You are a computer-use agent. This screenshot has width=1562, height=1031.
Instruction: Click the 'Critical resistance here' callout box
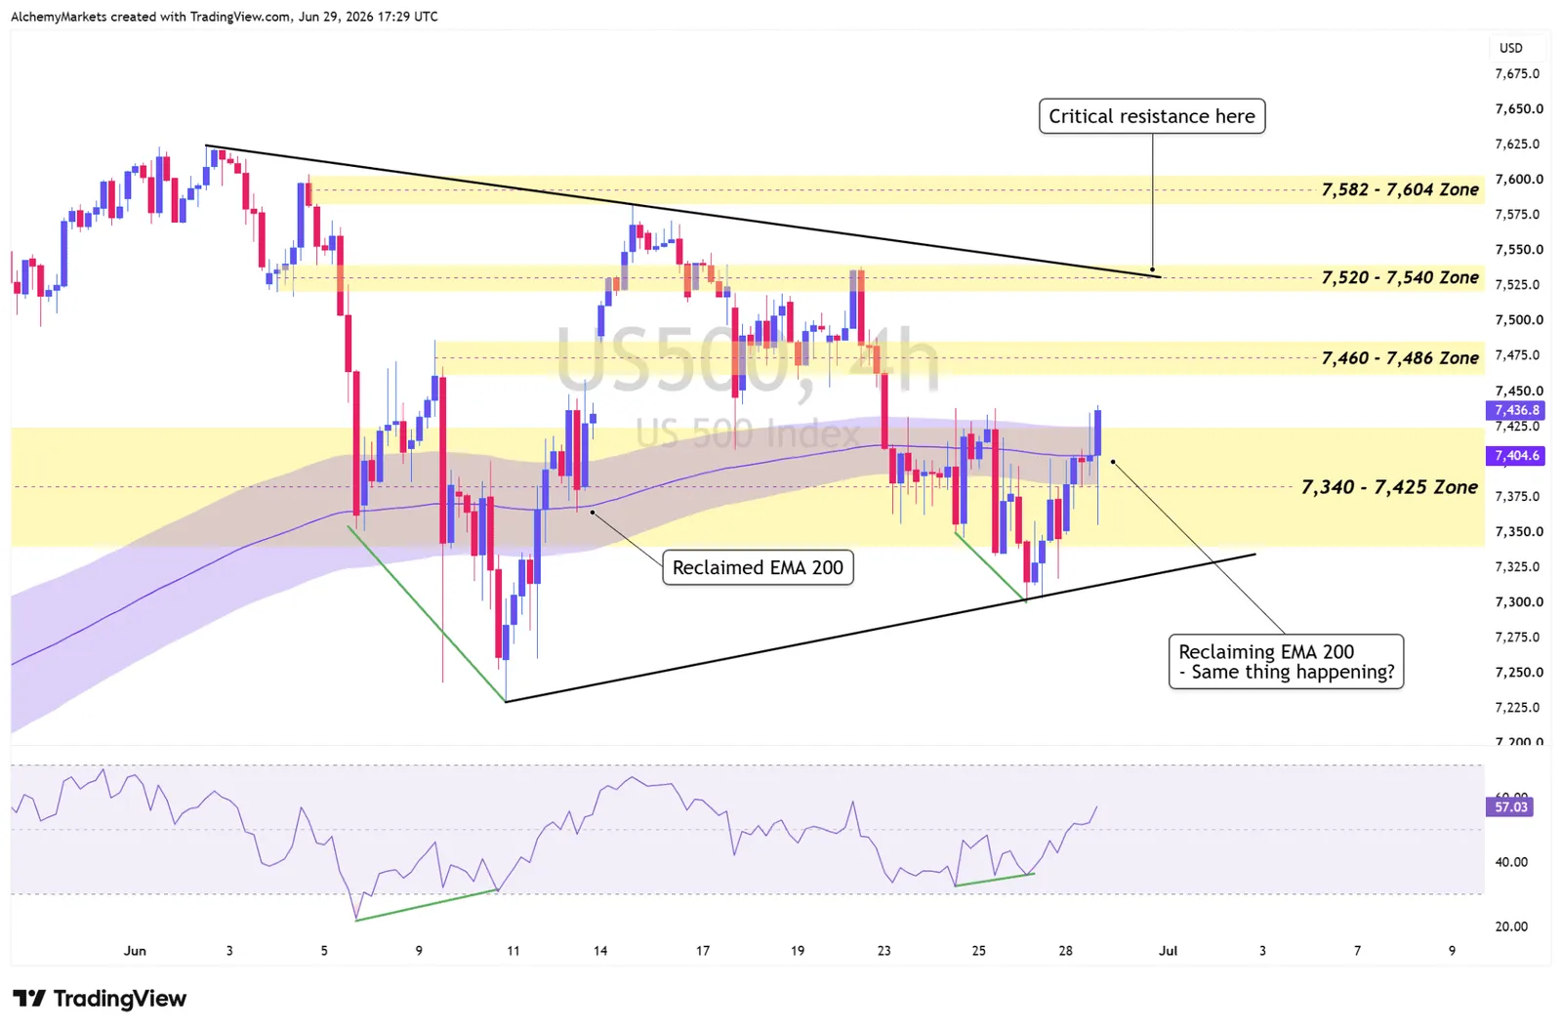coord(1152,116)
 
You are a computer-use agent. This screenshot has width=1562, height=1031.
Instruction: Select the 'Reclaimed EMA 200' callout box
coord(758,568)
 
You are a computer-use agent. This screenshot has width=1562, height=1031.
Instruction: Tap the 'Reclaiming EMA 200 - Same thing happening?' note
coord(1286,661)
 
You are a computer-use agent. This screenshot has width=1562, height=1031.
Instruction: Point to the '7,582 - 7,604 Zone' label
coord(1400,189)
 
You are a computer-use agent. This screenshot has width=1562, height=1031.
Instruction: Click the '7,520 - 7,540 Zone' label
coord(1400,277)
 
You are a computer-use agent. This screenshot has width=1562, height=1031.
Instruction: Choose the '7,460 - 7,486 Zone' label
coord(1400,358)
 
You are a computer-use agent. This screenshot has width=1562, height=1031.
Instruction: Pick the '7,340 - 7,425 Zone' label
coord(1390,487)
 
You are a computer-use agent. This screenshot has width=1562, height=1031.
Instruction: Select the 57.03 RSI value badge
coord(1510,807)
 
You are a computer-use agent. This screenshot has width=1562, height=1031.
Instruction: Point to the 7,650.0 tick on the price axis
coord(1518,108)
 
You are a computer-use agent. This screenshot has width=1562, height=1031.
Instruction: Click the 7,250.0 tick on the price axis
coord(1518,673)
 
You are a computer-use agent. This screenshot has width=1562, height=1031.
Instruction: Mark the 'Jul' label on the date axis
coord(1168,951)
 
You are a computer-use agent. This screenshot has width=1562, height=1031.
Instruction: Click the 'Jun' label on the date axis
coord(135,951)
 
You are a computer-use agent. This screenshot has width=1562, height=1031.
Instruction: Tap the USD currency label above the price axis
coord(1511,48)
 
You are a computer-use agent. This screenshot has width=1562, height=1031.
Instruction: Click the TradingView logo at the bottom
coord(100,999)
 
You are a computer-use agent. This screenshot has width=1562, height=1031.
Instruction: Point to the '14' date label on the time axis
coord(600,951)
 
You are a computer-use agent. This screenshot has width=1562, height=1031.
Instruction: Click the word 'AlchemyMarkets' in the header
coord(60,17)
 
